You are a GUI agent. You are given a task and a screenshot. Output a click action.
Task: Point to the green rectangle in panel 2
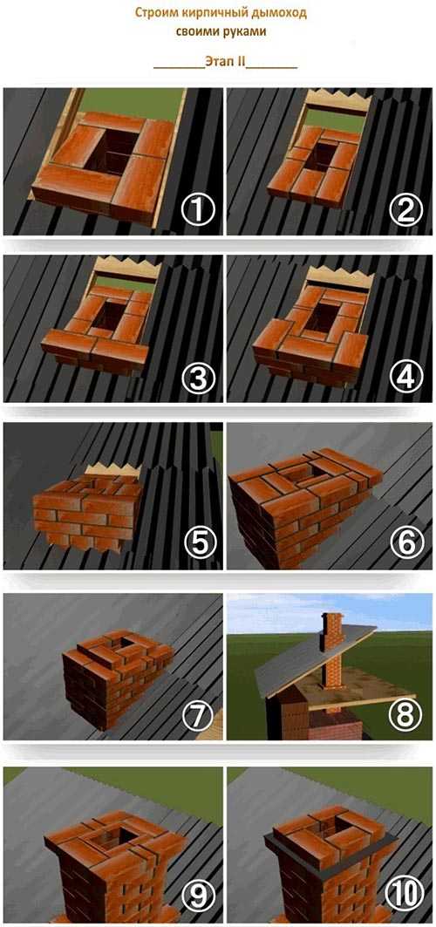click(x=336, y=121)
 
